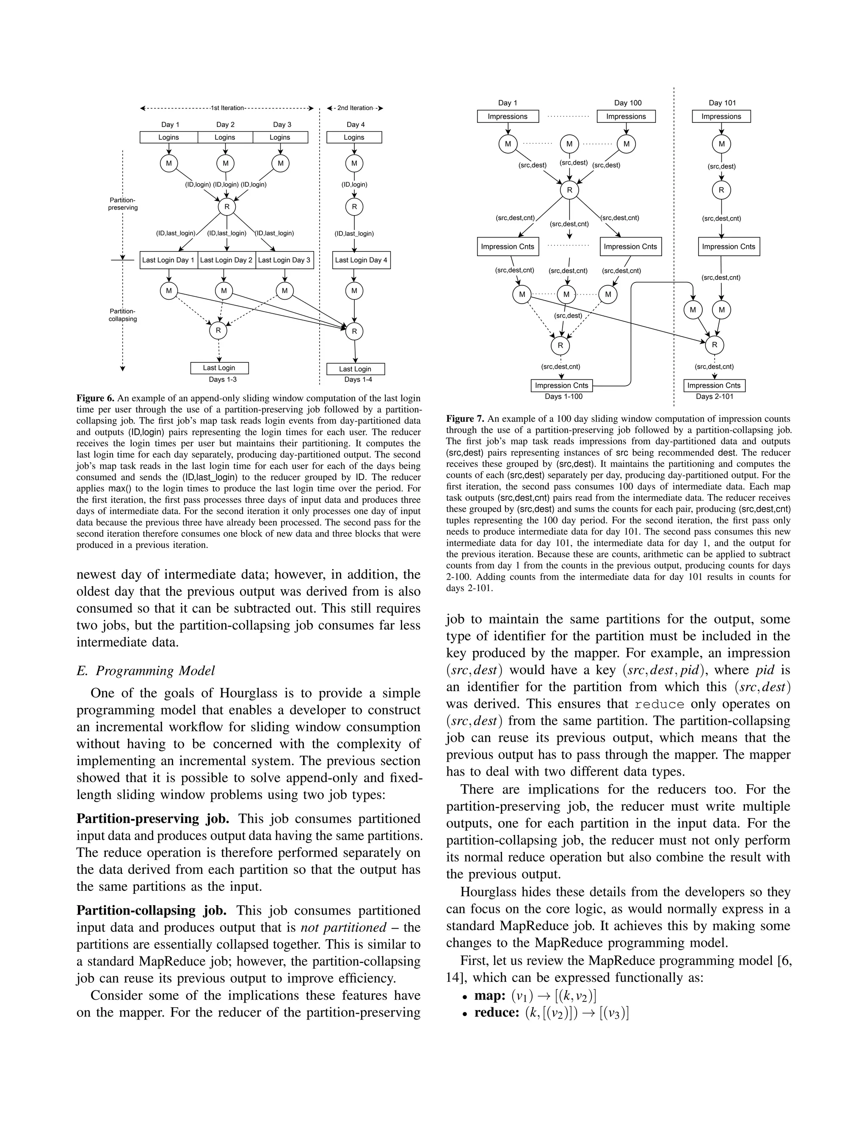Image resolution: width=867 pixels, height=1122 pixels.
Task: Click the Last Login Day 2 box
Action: coord(226,260)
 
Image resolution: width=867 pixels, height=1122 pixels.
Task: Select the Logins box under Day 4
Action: coord(354,137)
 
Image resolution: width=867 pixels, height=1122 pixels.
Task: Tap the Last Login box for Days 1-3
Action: coord(219,368)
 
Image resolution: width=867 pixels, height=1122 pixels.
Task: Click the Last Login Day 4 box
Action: coord(361,260)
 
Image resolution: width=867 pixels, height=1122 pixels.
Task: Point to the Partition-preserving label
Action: coord(123,204)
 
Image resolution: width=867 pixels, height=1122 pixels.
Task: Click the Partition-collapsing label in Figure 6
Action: coord(123,315)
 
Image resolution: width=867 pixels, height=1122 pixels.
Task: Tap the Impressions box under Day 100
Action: coord(626,116)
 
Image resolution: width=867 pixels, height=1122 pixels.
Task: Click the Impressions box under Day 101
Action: coord(721,116)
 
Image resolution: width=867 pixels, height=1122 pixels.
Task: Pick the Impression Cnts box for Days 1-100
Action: coord(561,385)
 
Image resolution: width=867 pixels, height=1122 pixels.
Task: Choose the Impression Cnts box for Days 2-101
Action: coord(713,385)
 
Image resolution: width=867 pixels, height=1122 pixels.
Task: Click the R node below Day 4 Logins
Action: coord(354,207)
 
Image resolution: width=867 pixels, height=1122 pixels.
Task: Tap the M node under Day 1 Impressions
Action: coord(508,144)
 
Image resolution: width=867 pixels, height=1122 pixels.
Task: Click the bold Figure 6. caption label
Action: coord(96,398)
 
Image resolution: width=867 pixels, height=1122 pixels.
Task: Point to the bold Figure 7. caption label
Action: coord(465,419)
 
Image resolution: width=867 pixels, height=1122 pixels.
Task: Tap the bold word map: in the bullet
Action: coord(490,996)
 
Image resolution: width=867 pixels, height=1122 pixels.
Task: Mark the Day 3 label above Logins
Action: coord(282,124)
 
